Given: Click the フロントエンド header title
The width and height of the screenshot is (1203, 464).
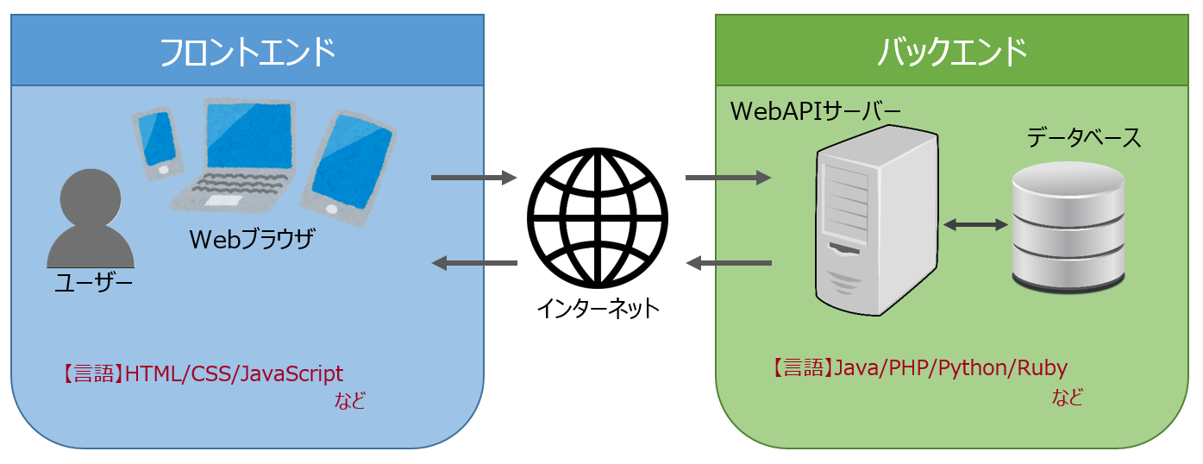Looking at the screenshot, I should click(247, 52).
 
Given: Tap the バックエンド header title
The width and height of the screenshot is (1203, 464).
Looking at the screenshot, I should click(952, 52).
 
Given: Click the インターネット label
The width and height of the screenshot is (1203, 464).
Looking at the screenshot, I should click(598, 307).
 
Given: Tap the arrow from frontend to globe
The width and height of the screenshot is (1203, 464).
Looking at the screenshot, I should click(473, 179).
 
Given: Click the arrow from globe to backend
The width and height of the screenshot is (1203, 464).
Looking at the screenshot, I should click(728, 179).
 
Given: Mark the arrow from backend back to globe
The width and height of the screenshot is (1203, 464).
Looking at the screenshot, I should click(728, 262).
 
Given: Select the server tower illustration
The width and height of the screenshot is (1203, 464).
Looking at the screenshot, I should click(876, 220).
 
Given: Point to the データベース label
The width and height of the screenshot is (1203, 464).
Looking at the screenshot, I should click(1083, 138).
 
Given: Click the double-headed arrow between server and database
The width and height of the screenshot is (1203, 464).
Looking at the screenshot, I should click(975, 225).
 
